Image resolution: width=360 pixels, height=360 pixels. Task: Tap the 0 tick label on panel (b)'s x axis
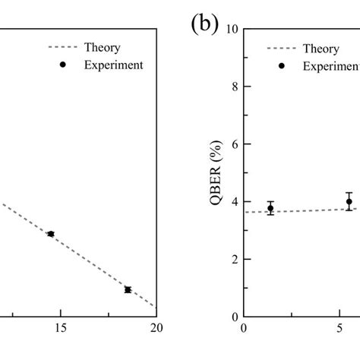[x=244, y=329]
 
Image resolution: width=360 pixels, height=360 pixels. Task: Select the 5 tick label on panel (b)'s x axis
[x=339, y=329]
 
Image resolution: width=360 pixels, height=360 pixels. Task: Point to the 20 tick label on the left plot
[x=156, y=329]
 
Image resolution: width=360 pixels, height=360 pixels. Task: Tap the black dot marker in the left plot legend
[x=63, y=65]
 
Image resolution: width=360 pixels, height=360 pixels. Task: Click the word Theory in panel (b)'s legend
[x=321, y=48]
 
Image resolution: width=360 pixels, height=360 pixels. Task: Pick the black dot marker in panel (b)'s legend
[x=281, y=65]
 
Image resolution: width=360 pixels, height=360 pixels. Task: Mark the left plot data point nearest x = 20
[x=128, y=289]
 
